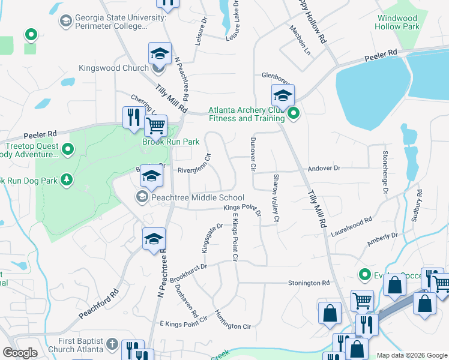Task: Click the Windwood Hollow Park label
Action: click(397, 22)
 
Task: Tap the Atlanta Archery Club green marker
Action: click(294, 113)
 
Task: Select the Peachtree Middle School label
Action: click(197, 197)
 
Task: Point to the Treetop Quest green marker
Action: click(68, 149)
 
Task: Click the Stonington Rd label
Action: click(309, 283)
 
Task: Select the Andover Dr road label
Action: click(324, 170)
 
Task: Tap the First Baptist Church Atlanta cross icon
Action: click(112, 344)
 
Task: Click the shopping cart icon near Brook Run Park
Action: click(155, 125)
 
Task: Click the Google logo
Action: click(20, 353)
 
